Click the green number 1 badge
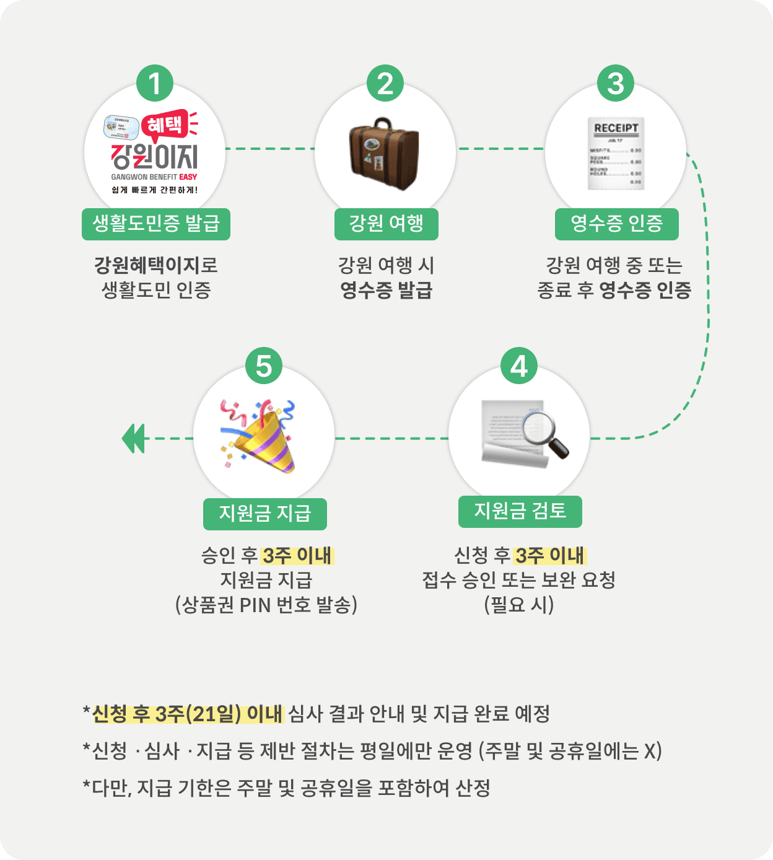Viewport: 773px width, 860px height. point(155,84)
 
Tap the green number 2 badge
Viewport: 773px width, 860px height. point(385,84)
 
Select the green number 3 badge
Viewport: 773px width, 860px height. point(616,84)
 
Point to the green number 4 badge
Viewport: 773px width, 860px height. point(519,366)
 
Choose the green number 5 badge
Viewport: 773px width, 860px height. point(264,366)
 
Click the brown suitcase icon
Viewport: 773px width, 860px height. point(384,154)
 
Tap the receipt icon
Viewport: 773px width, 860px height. point(616,153)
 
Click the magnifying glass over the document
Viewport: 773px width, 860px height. point(545,434)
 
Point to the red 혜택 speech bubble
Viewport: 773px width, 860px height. point(165,125)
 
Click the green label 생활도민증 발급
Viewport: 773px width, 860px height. point(156,224)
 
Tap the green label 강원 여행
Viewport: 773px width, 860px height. point(386,224)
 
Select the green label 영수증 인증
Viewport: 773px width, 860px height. point(616,224)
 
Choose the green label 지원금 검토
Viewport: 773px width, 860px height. point(520,511)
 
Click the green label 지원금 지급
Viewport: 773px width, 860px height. point(265,514)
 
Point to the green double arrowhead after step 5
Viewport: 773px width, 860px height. point(133,439)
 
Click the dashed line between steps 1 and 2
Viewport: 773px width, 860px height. point(270,149)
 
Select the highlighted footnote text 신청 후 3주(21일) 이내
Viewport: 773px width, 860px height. point(188,714)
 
